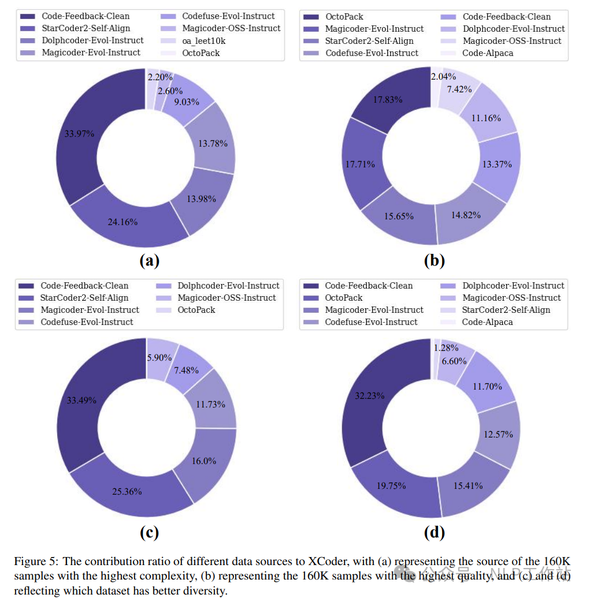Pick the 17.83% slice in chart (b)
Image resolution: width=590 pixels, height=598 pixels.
click(x=387, y=99)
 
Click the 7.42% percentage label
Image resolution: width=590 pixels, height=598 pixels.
click(x=459, y=89)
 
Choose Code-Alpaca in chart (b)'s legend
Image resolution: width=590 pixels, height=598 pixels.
click(x=487, y=53)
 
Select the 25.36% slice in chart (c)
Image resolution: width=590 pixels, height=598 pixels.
click(x=126, y=491)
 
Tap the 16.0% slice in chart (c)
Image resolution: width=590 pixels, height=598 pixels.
click(x=203, y=461)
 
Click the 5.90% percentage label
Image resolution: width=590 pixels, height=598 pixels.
click(x=159, y=358)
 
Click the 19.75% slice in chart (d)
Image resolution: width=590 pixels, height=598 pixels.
click(x=391, y=485)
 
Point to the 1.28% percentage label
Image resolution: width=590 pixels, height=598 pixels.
click(x=446, y=348)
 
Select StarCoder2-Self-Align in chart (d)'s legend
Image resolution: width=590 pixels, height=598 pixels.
click(x=506, y=310)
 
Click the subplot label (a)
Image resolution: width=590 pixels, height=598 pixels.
click(x=149, y=261)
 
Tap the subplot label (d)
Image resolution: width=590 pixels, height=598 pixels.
click(x=434, y=532)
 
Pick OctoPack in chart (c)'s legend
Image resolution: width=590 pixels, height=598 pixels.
click(x=196, y=310)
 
